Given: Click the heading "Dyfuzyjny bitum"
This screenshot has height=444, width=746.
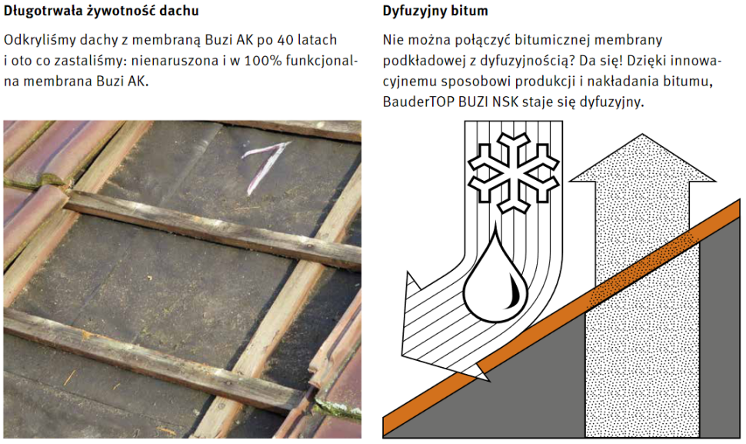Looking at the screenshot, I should pos(435,12).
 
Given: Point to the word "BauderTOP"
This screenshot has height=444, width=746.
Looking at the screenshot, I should pos(416,102).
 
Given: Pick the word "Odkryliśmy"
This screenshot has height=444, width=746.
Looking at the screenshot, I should pos(38,39).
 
